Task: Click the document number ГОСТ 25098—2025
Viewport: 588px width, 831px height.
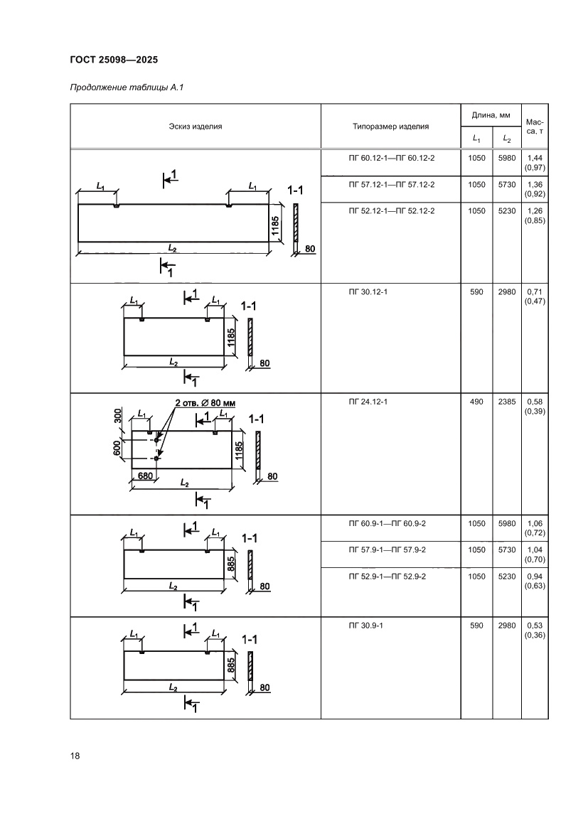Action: point(114,60)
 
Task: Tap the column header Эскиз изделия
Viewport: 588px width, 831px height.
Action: point(196,127)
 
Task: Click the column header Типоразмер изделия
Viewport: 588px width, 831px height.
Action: point(390,127)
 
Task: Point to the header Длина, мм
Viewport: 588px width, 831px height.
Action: point(491,114)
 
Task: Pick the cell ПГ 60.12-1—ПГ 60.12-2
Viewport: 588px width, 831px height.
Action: point(391,158)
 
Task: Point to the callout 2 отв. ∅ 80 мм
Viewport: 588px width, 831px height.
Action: point(205,402)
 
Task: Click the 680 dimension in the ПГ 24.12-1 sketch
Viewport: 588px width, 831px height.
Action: point(146,476)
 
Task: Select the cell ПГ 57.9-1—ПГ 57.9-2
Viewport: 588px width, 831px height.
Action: point(391,550)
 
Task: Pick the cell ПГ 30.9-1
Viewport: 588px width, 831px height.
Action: point(365,626)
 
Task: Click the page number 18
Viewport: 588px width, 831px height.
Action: point(75,756)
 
